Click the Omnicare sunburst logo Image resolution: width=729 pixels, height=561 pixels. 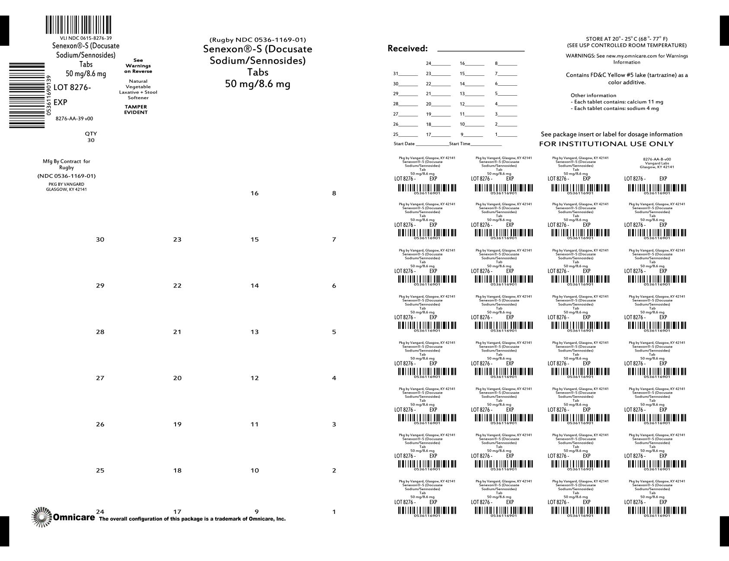(x=42, y=517)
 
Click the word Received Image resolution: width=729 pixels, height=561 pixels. (x=407, y=48)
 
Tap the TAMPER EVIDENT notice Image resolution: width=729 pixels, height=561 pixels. (x=136, y=110)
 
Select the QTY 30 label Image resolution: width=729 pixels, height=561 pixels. (x=91, y=137)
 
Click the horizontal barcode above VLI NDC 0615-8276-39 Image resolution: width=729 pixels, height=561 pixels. (x=78, y=25)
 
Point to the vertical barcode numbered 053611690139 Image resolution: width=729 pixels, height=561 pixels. (x=27, y=95)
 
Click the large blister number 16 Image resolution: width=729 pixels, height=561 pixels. (x=254, y=193)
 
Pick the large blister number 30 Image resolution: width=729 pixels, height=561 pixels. (x=100, y=239)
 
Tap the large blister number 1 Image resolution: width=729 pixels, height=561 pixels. (x=334, y=512)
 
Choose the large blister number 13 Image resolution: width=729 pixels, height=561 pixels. (x=254, y=332)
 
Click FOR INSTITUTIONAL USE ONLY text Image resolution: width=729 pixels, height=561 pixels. (x=606, y=144)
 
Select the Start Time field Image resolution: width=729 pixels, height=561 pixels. (x=476, y=144)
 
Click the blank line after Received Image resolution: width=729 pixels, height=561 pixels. (x=481, y=50)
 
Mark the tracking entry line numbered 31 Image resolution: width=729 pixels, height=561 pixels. (x=406, y=74)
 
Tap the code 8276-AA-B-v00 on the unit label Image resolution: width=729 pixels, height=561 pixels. (x=657, y=159)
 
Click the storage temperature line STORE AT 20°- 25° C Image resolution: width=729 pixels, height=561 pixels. (x=627, y=39)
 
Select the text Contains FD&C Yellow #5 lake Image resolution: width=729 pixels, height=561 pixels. (x=627, y=75)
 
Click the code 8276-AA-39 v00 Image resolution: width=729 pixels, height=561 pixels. (x=74, y=119)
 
